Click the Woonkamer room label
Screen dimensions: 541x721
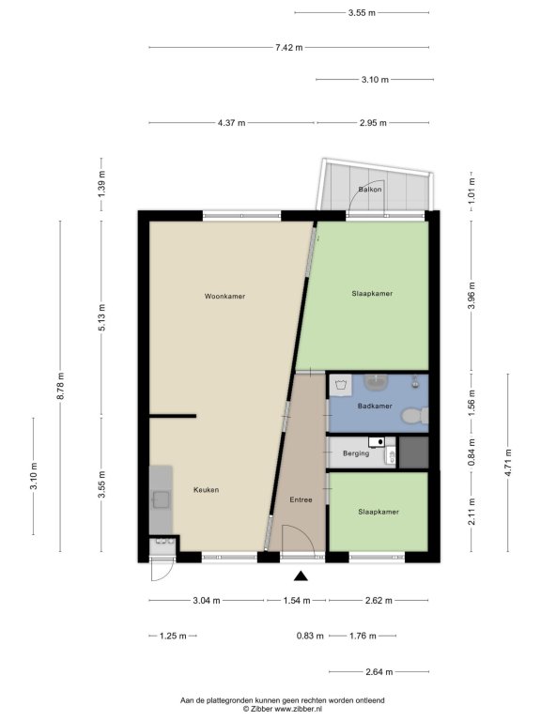point(224,296)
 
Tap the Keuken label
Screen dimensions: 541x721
point(206,490)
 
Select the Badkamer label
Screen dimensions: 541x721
point(375,406)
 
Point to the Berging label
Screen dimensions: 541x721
point(356,453)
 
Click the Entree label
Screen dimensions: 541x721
point(301,499)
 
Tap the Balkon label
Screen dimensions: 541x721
point(370,189)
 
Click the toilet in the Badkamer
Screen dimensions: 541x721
point(414,416)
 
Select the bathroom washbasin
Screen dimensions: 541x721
point(377,381)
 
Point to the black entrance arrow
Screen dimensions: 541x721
point(301,575)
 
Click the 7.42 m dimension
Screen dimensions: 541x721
point(289,47)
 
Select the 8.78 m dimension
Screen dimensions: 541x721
point(60,386)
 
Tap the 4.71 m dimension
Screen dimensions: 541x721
point(508,463)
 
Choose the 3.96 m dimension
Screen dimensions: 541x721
point(471,296)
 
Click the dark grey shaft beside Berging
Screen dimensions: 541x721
point(413,453)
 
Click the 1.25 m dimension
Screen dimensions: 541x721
point(173,636)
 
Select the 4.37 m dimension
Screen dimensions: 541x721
point(231,123)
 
